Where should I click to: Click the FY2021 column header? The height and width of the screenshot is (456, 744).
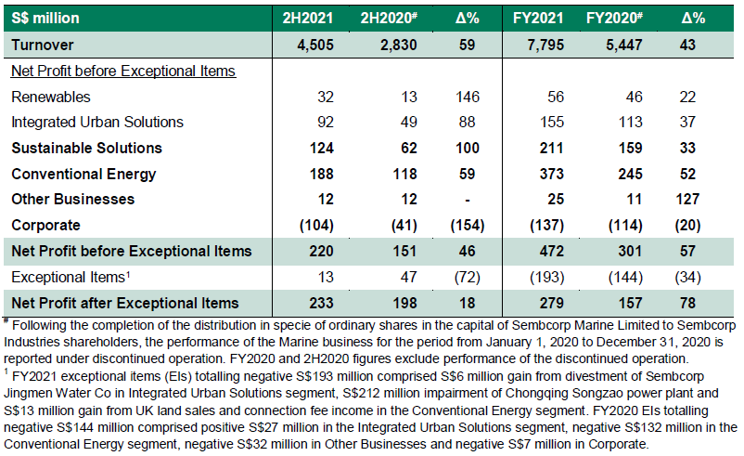pyautogui.click(x=538, y=18)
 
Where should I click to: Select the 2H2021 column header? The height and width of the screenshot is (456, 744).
pyautogui.click(x=307, y=18)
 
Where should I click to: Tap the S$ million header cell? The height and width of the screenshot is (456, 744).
pyautogui.click(x=45, y=18)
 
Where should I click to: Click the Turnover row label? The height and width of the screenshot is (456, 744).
pyautogui.click(x=43, y=45)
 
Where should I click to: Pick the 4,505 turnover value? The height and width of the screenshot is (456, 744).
pyautogui.click(x=315, y=45)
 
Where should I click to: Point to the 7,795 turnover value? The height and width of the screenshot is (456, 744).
pyautogui.click(x=545, y=45)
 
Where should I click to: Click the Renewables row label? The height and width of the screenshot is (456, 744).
pyautogui.click(x=51, y=97)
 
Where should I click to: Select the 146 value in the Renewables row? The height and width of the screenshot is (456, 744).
pyautogui.click(x=468, y=97)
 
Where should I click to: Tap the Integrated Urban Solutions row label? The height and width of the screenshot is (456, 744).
pyautogui.click(x=97, y=122)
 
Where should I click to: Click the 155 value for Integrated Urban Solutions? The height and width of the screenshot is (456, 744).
pyautogui.click(x=552, y=122)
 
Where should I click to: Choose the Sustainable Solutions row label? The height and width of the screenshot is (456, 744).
pyautogui.click(x=87, y=148)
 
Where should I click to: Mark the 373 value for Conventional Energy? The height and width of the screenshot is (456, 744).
pyautogui.click(x=552, y=174)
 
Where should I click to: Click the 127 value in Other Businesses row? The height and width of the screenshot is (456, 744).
pyautogui.click(x=687, y=199)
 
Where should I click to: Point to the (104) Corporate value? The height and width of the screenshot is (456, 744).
pyautogui.click(x=316, y=225)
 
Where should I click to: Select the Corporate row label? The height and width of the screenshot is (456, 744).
pyautogui.click(x=45, y=225)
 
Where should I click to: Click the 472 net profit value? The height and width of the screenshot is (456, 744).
pyautogui.click(x=552, y=251)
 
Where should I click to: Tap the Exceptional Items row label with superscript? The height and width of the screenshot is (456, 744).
pyautogui.click(x=71, y=277)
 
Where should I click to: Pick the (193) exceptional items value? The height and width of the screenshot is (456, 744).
pyautogui.click(x=547, y=277)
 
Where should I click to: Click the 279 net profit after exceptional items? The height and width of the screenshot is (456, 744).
pyautogui.click(x=552, y=303)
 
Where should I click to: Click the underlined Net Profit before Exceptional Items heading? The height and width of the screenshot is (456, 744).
pyautogui.click(x=123, y=71)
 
